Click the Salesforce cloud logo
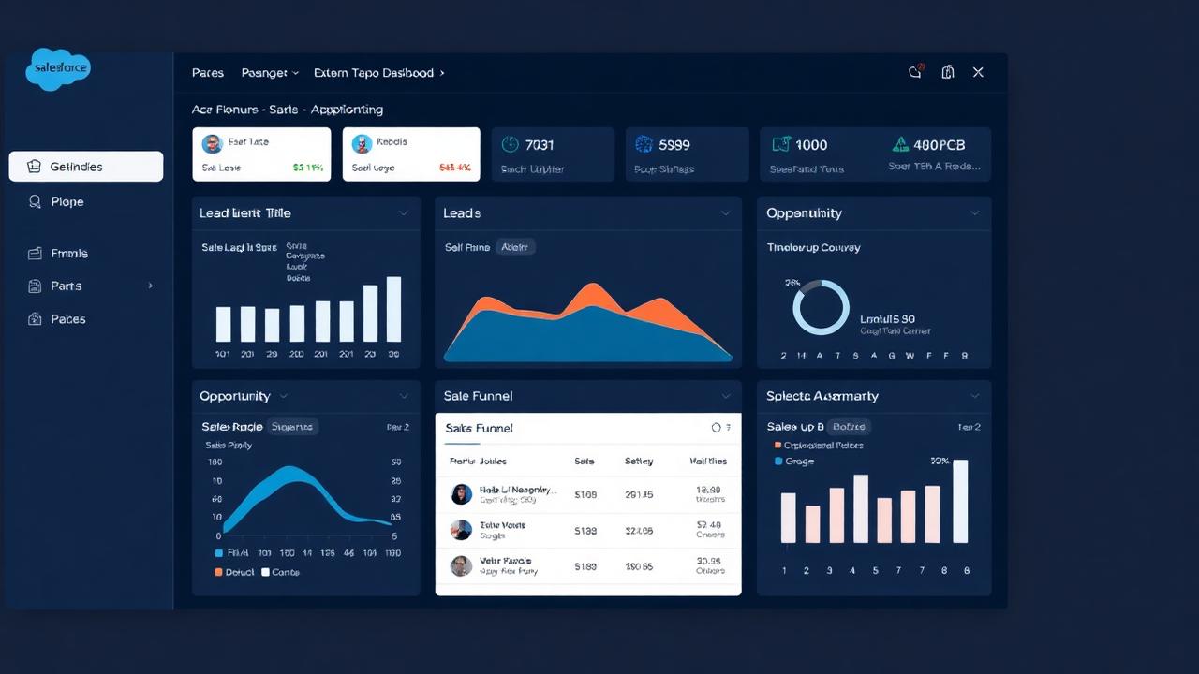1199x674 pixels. point(59,68)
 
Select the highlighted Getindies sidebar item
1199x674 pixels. point(86,167)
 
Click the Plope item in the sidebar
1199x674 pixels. point(67,201)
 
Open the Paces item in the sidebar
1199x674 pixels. point(67,319)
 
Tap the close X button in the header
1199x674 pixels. point(978,72)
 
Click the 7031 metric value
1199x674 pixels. point(540,145)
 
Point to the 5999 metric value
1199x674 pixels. point(674,145)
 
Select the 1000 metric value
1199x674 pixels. point(811,145)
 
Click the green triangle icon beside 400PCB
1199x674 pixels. point(900,144)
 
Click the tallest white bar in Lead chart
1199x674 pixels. point(394,309)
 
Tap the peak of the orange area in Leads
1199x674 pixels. point(590,290)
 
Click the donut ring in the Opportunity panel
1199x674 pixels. point(821,307)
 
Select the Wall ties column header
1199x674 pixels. point(708,462)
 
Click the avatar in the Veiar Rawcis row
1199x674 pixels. point(461,565)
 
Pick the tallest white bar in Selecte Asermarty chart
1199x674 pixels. point(960,501)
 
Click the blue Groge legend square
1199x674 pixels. point(777,462)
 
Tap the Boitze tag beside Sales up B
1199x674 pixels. point(851,427)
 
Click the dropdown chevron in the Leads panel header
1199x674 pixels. point(725,213)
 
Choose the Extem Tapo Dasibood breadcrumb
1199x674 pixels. point(374,73)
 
